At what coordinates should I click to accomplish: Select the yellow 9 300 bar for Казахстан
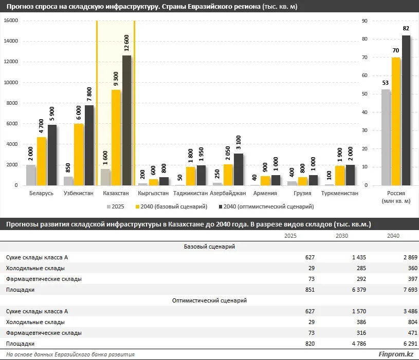(x=116, y=138)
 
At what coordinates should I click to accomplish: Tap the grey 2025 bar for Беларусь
(x=31, y=175)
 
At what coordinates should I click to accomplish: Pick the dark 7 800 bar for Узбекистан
(x=89, y=145)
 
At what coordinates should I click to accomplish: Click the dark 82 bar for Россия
(x=406, y=110)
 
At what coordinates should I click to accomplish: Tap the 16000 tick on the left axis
(x=11, y=21)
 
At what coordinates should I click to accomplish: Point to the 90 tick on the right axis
(x=366, y=21)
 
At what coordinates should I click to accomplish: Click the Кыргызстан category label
(x=153, y=194)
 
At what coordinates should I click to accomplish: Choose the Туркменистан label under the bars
(x=339, y=194)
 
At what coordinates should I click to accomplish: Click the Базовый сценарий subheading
(x=209, y=247)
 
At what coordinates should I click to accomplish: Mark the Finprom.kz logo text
(x=395, y=354)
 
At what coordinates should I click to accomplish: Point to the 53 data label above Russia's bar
(x=385, y=83)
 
